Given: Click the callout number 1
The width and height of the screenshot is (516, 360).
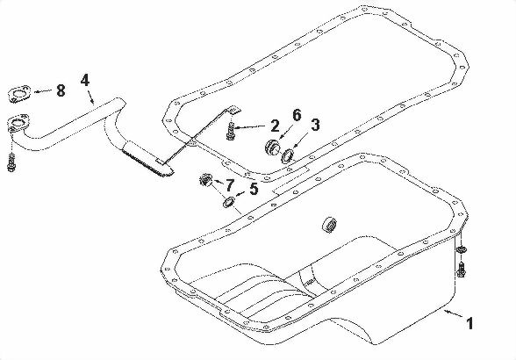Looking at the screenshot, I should point(470,324).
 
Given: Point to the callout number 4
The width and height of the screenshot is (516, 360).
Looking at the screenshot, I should point(85,80).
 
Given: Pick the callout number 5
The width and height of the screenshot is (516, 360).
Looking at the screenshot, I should point(254,187).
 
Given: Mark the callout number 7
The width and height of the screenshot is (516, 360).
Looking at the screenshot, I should point(231,184).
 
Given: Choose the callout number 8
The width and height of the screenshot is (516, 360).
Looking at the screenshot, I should point(61,90).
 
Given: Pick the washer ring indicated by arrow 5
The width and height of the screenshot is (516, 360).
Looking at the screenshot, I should point(229,204).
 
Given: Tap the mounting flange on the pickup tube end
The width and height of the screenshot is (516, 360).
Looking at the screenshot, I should point(18,125).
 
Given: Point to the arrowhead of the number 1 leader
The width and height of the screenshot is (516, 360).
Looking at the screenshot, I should point(446,310).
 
